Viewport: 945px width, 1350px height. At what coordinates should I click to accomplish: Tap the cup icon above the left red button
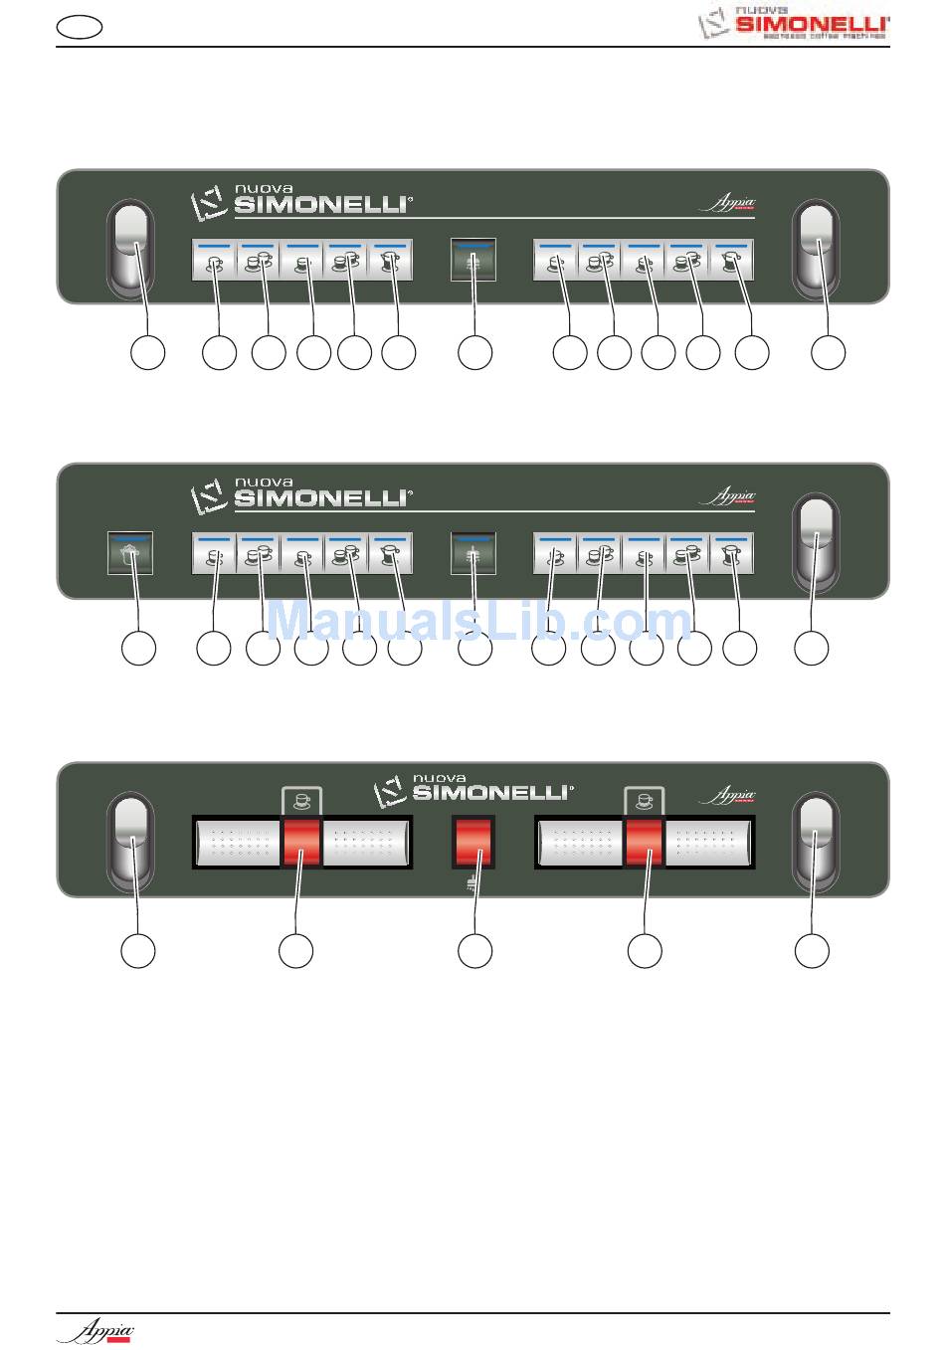(x=302, y=798)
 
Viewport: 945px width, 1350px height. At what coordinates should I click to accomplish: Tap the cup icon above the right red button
(x=645, y=798)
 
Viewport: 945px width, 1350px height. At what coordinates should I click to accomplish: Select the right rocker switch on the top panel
(x=815, y=249)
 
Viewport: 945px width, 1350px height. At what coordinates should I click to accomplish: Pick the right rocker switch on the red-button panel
(x=815, y=841)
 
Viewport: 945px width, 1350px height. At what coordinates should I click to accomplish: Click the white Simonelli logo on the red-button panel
(x=472, y=790)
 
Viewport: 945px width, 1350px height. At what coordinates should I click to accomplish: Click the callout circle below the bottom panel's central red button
(x=474, y=950)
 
